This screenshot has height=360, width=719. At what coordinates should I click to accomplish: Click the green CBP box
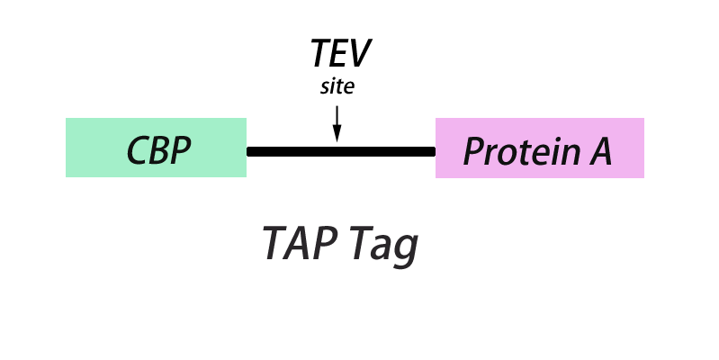pos(156,148)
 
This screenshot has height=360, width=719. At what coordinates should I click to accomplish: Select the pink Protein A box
pos(539,148)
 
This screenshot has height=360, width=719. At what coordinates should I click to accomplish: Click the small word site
pos(337,88)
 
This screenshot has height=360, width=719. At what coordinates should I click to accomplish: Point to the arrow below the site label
pos(337,122)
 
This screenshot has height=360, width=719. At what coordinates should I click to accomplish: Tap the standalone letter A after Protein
pos(600,151)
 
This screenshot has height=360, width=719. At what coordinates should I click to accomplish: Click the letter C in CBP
pos(138,151)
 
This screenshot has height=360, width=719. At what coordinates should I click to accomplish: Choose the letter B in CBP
pos(159,151)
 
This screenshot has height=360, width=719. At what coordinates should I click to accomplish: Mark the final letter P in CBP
pos(181,151)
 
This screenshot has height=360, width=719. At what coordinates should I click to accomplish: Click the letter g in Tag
pos(406,249)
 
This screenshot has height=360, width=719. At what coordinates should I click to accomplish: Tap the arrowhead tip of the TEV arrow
pos(337,140)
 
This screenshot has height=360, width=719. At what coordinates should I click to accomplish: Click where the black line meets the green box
pos(247,151)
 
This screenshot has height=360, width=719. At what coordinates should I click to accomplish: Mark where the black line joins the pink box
pos(436,151)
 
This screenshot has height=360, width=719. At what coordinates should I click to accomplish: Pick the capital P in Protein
pos(474,151)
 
